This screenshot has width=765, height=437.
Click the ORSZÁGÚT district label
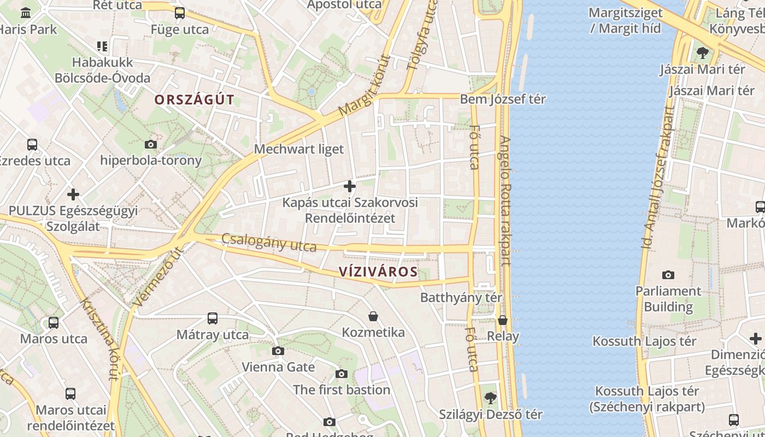pyautogui.click(x=194, y=100)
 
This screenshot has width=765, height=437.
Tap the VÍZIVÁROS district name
pyautogui.click(x=378, y=271)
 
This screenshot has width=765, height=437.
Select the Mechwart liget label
pyautogui.click(x=299, y=149)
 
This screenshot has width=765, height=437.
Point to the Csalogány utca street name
pyautogui.click(x=269, y=242)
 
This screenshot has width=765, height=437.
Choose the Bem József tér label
pyautogui.click(x=503, y=99)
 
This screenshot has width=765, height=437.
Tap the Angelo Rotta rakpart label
pyautogui.click(x=505, y=200)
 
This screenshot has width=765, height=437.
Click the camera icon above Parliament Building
pyautogui.click(x=668, y=275)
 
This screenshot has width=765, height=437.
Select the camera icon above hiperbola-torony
pyautogui.click(x=151, y=145)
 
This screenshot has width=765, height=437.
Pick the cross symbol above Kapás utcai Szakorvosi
pyautogui.click(x=350, y=187)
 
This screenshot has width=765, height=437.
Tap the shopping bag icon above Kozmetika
pyautogui.click(x=373, y=316)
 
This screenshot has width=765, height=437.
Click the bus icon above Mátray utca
pyautogui.click(x=213, y=318)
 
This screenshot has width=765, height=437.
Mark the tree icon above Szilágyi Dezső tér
pyautogui.click(x=491, y=398)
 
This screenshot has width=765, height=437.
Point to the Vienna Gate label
pyautogui.click(x=278, y=367)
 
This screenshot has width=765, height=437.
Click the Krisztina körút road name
pyautogui.click(x=100, y=339)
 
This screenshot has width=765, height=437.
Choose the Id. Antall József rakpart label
pyautogui.click(x=658, y=178)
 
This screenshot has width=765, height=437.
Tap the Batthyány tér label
pyautogui.click(x=461, y=298)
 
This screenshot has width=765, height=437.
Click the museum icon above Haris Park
pyautogui.click(x=26, y=13)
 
